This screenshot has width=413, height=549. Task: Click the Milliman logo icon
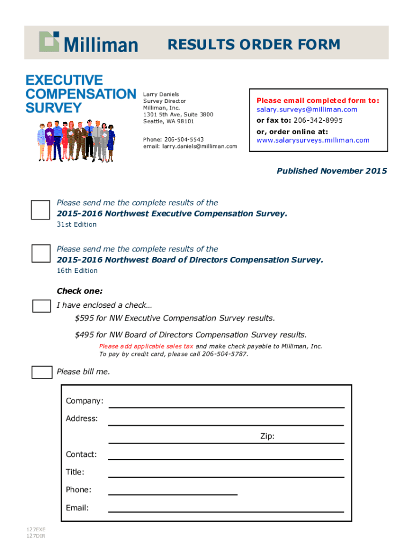[49, 41]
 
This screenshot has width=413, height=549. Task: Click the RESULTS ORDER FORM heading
[254, 44]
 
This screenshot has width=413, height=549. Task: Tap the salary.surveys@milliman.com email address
[306, 109]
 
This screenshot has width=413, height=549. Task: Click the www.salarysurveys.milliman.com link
[313, 140]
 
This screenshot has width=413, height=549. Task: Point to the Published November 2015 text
[331, 171]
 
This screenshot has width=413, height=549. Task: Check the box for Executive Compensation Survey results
[40, 210]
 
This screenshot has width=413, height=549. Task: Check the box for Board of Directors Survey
[40, 253]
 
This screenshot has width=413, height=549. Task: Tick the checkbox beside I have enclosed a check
[41, 306]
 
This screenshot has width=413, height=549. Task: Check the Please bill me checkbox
[41, 372]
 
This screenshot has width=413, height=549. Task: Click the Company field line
[226, 406]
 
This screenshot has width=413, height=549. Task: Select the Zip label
[267, 436]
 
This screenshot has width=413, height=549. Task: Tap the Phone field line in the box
[173, 494]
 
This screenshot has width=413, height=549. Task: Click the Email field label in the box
[77, 508]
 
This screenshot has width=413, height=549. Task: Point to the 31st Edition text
[77, 225]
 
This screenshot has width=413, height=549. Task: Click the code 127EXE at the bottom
[36, 530]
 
